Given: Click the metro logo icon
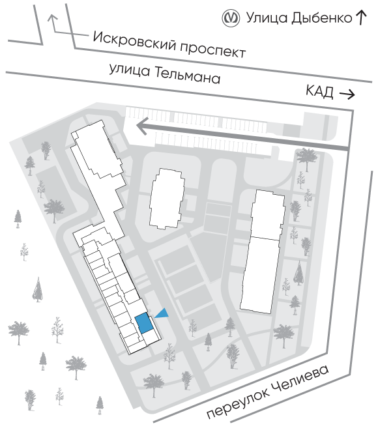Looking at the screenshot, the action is click(231, 18).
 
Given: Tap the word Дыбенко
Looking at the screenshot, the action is click(321, 18).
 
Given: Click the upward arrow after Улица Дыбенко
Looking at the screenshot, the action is click(361, 18).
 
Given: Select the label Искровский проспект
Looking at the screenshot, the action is click(169, 45).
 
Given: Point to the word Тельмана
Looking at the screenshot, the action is click(188, 75).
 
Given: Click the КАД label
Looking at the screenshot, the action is click(319, 91).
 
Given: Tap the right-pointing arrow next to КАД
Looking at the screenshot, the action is click(347, 94).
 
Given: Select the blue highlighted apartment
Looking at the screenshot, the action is click(143, 323).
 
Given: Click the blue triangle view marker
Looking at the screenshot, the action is click(162, 313).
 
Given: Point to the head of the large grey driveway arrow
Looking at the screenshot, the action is click(143, 126).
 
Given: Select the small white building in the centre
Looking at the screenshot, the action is click(166, 199).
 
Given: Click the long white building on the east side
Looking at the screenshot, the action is click(263, 251).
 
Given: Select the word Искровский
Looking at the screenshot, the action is click(134, 40).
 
